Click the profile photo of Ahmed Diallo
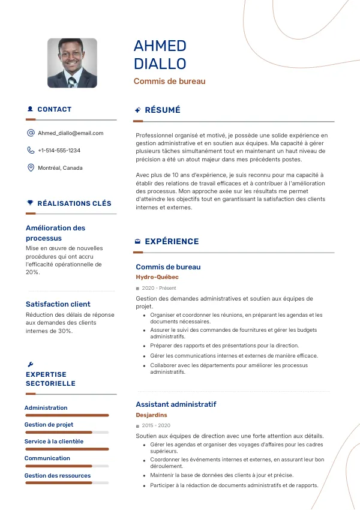point(72,63)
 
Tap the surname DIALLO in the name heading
point(160,64)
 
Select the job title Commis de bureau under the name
point(169,81)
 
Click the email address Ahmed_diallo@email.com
point(70,133)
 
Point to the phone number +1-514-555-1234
point(59,151)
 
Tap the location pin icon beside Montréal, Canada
point(31,168)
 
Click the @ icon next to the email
point(31,133)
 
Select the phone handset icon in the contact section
point(31,151)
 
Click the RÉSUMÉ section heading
point(162,110)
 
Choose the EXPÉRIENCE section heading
point(172,241)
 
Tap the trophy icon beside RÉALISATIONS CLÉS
point(30,203)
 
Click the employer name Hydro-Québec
point(157,277)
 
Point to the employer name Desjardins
point(151,415)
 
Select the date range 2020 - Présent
point(155,289)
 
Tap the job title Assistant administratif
point(176,404)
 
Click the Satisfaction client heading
point(58,304)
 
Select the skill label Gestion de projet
point(49,425)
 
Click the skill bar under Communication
point(66,466)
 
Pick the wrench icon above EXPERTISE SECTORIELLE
point(31,364)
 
